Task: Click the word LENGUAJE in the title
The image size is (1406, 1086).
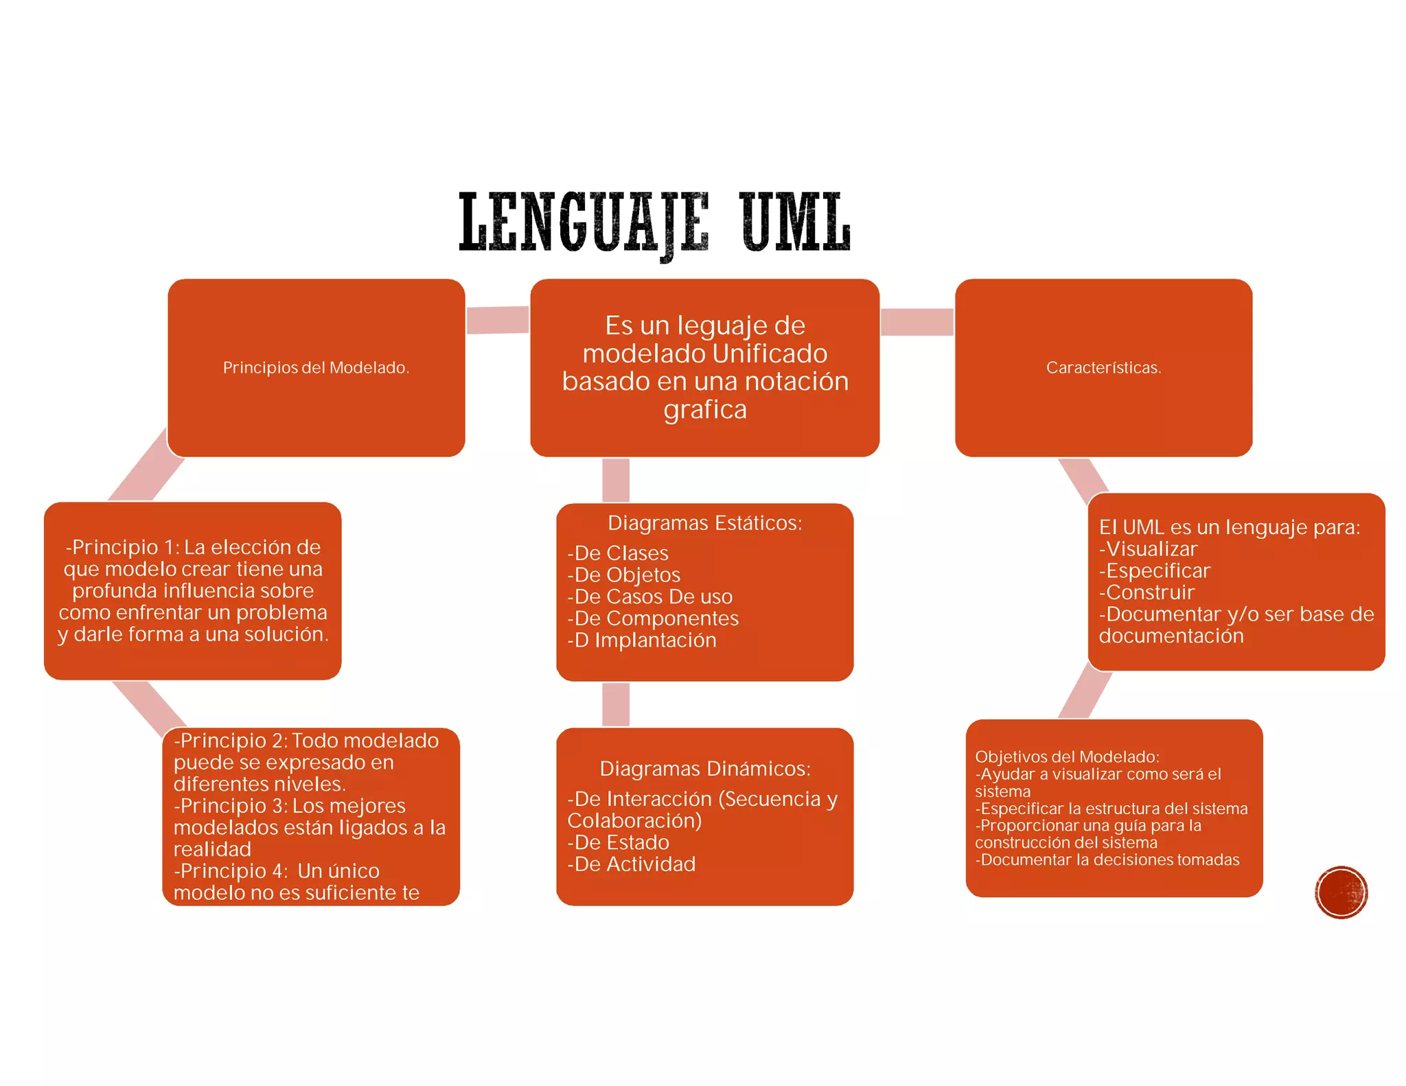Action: pos(584,224)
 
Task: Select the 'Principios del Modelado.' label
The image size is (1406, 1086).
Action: pos(316,368)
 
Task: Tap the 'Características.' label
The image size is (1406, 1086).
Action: pos(1104,368)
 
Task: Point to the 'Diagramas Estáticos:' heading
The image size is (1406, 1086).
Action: pos(705,523)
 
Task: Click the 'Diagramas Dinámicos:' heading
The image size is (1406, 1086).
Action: pos(705,769)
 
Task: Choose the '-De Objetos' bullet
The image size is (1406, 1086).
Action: pos(623,575)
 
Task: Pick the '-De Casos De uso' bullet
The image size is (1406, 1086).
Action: pos(650,597)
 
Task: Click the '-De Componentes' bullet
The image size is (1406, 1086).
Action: pos(653,619)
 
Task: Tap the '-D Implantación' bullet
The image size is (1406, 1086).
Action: pos(642,640)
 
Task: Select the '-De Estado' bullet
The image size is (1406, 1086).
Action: pos(618,842)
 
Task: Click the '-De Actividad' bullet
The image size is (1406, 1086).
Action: pos(632,864)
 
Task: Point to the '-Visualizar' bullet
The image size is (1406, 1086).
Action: pos(1148,549)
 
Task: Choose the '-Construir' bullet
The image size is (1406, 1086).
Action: pos(1147,592)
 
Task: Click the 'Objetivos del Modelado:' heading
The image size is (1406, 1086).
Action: pos(1067,756)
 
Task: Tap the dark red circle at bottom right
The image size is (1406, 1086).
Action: pos(1341,892)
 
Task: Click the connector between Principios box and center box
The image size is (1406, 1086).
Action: pos(498,320)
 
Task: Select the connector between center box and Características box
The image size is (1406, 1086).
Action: pos(917,322)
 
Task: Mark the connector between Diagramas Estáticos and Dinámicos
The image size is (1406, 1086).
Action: pos(616,704)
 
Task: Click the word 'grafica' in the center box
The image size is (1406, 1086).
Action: pos(705,410)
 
